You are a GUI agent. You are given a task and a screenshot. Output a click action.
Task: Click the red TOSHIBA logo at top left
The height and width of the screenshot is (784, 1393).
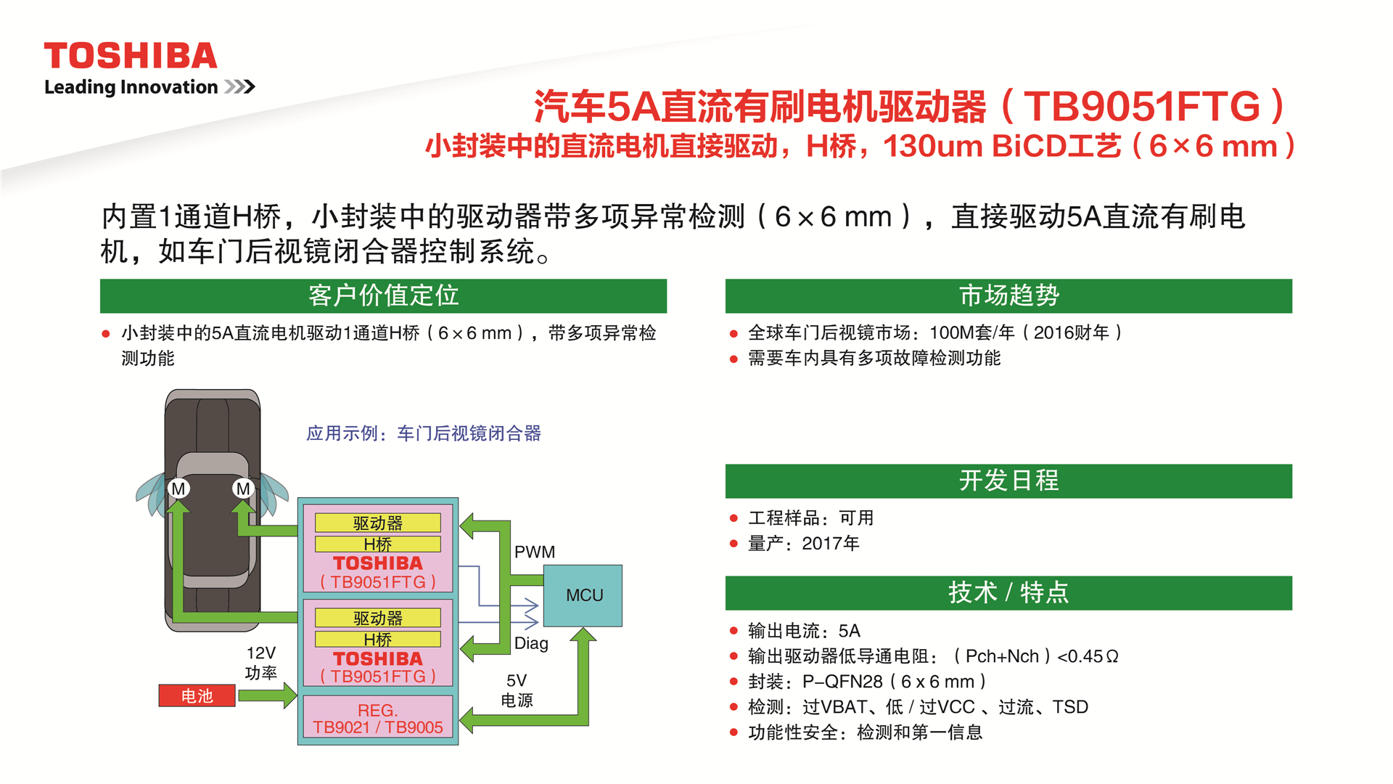(131, 56)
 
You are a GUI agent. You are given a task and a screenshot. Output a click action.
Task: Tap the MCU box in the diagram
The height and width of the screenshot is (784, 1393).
(583, 595)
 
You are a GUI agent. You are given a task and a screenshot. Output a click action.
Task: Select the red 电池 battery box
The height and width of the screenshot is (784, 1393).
(197, 695)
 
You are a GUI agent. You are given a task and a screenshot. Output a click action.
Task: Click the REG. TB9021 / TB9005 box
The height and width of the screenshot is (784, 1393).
(378, 719)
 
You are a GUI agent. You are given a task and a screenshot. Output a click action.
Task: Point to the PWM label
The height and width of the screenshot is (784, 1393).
(535, 552)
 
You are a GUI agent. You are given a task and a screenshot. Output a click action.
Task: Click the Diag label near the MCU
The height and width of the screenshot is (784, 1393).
(531, 643)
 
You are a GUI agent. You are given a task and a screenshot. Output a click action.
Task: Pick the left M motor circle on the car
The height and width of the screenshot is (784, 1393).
(178, 489)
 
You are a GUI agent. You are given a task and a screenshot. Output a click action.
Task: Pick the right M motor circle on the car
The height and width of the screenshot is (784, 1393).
(243, 489)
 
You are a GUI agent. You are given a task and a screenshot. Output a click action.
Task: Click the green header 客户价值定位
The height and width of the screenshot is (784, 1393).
(383, 295)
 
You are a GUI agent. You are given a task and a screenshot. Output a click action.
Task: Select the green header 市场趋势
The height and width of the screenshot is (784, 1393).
(1008, 295)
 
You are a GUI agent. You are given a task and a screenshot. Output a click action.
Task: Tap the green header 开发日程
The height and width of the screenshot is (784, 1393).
(1008, 481)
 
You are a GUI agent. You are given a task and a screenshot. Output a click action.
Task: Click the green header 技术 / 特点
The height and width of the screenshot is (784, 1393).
(1008, 592)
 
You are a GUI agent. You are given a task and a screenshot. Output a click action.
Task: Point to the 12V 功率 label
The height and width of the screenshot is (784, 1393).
(261, 663)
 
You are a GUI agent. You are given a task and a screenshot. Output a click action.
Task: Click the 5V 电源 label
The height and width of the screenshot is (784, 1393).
(517, 690)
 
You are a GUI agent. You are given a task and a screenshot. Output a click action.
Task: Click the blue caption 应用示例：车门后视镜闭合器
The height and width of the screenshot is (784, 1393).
(424, 433)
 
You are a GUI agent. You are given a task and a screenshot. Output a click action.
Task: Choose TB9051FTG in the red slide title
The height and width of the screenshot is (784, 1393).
(1143, 107)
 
